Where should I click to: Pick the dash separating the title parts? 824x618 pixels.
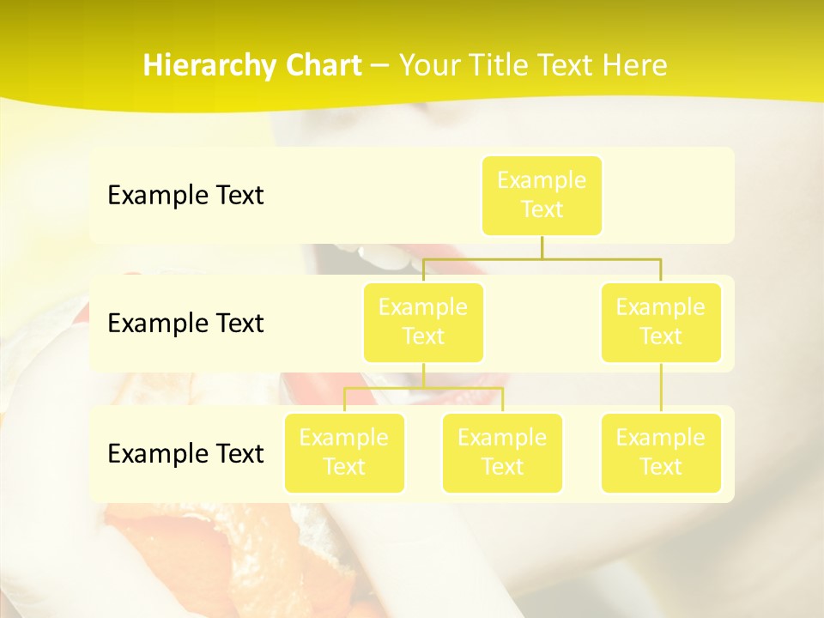(380, 66)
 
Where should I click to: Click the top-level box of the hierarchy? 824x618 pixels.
(542, 196)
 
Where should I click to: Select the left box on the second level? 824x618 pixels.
(423, 323)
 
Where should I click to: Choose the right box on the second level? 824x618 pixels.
(661, 323)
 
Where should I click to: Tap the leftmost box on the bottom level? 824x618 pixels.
(344, 453)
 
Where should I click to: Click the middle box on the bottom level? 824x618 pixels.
(502, 453)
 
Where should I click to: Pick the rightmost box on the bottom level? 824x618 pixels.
(661, 453)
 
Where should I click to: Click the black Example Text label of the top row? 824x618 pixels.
(185, 196)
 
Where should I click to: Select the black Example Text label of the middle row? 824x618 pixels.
(185, 324)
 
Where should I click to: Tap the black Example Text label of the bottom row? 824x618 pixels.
(185, 453)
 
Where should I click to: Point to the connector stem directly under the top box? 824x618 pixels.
(542, 246)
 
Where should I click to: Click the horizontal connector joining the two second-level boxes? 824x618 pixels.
(542, 258)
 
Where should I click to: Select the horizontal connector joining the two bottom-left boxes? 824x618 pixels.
(423, 389)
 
